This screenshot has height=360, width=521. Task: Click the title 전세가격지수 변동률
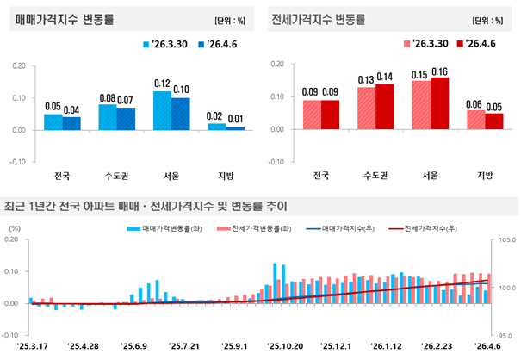point(318,18)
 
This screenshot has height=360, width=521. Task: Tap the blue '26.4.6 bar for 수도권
point(127,119)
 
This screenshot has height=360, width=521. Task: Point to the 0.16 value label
point(439,71)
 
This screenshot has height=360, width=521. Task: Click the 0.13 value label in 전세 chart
point(366,80)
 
